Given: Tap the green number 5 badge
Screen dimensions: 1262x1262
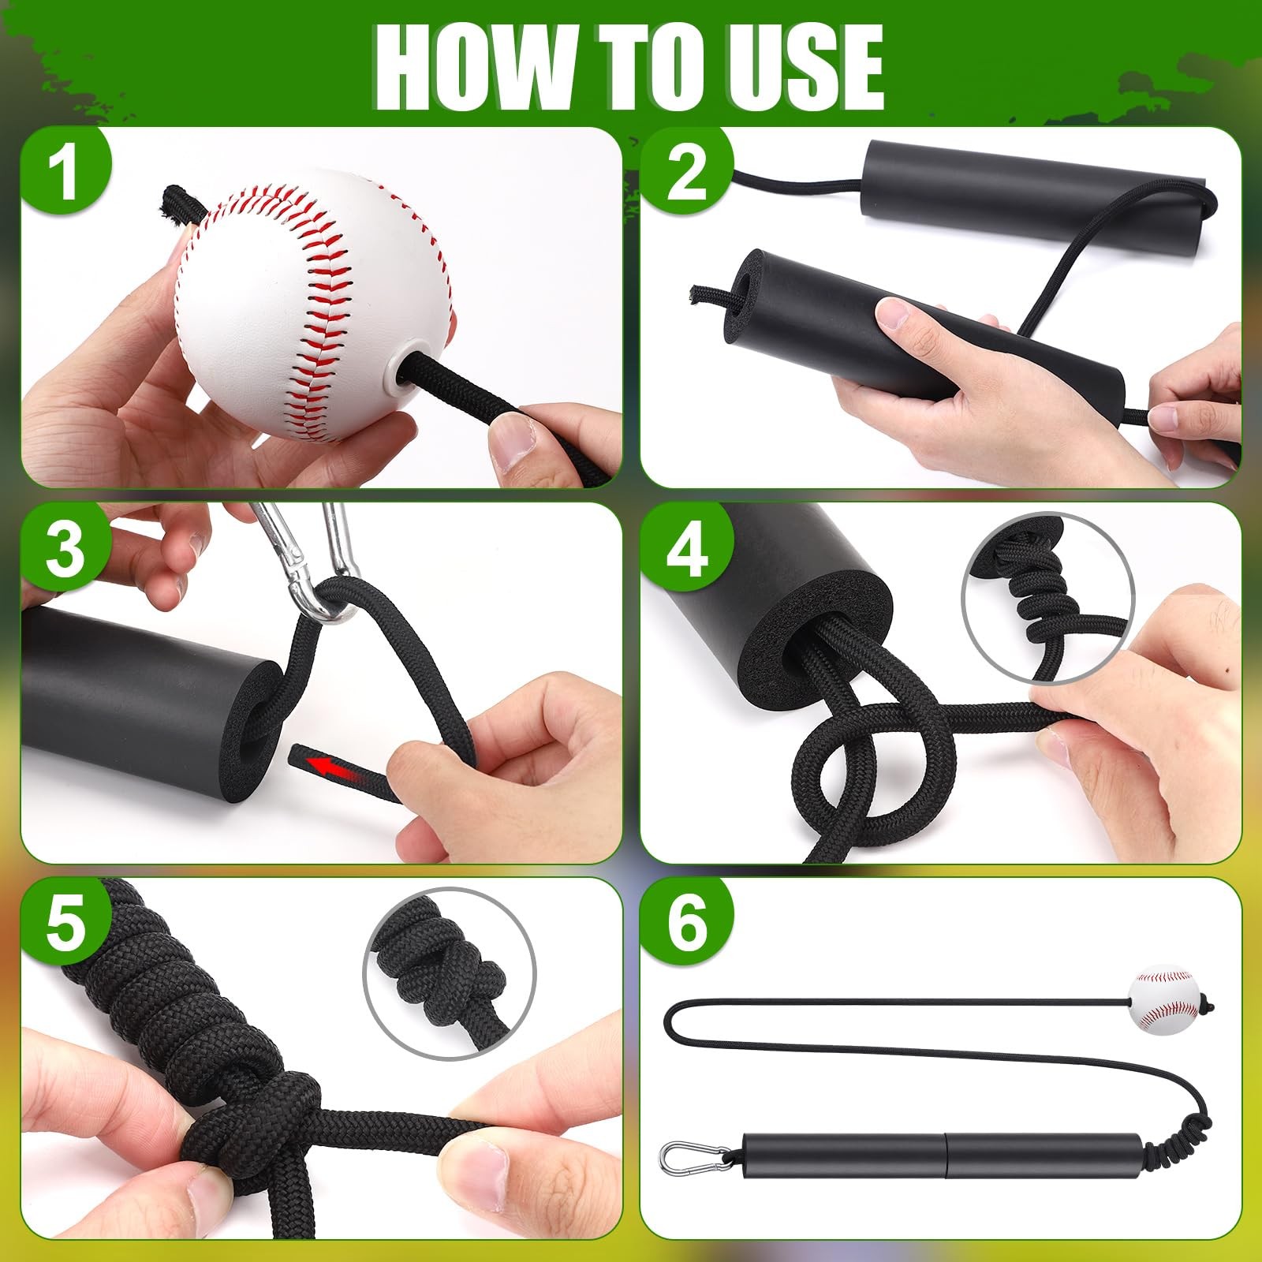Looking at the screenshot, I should click(x=65, y=923).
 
